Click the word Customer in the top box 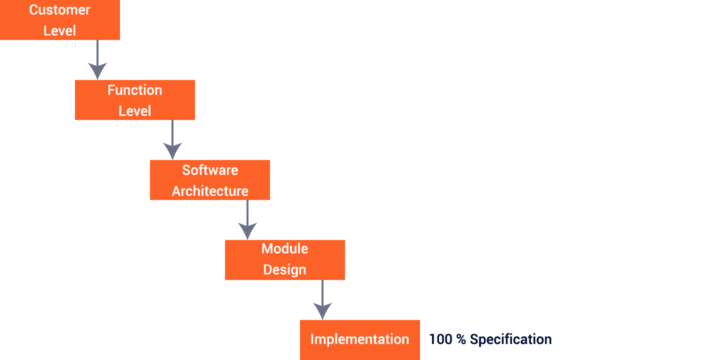pos(59,10)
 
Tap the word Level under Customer pos(59,31)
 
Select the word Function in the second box pos(134,90)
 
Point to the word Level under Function pos(134,111)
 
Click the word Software pos(210,170)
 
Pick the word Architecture pos(210,191)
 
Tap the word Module pos(284,248)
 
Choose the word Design pos(284,269)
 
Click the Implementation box pos(359,339)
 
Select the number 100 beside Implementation pos(440,339)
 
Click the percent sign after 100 pos(461,339)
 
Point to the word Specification pos(510,339)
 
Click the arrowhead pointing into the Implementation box pos(322,310)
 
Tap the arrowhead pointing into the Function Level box pos(97,71)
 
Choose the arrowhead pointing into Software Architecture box pos(172,151)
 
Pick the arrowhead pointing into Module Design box pos(247,231)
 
